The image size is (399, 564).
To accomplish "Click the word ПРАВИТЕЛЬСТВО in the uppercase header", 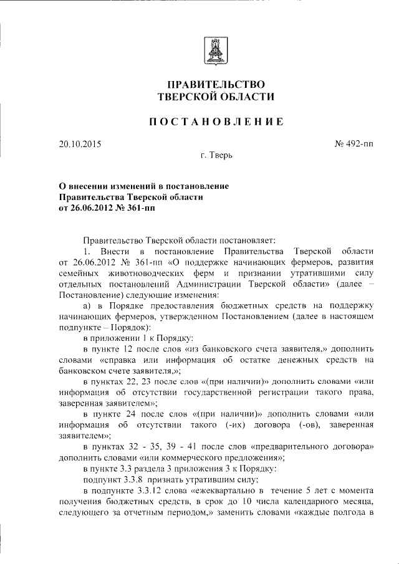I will point(216,84).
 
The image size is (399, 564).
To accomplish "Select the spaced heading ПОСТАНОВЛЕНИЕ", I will point(216,122).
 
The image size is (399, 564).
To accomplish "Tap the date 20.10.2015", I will point(80,144).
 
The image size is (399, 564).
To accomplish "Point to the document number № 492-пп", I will point(354,144).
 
